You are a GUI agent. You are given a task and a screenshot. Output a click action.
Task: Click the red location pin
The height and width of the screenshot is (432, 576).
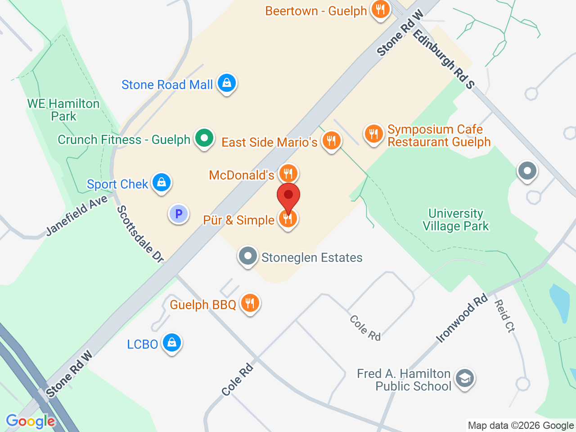pos(288,196)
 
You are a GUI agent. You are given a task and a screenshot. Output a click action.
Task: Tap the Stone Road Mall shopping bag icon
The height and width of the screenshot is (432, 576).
pos(227,83)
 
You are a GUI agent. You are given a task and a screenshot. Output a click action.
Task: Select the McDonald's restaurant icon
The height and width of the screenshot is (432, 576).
pos(288,173)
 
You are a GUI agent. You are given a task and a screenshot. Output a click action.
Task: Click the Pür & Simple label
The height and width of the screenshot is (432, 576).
pos(238,220)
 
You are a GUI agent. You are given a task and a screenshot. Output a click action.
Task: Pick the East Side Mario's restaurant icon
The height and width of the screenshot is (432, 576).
pos(331,141)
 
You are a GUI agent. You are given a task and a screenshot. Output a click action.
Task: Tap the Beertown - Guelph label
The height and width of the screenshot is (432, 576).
pos(316,11)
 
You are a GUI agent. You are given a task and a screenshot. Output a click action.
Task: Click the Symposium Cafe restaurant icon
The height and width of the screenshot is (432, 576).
pos(373,134)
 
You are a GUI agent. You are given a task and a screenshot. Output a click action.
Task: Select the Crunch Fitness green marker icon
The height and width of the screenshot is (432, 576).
pos(204,138)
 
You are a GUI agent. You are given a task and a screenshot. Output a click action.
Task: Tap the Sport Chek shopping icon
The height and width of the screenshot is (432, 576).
pos(162,183)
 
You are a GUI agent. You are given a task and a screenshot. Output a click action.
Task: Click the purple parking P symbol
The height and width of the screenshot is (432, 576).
pos(179,214)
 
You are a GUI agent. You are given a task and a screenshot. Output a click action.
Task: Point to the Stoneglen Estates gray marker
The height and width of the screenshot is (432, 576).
pos(247,256)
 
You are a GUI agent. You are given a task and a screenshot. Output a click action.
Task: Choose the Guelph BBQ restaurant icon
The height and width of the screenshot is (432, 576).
pos(250,303)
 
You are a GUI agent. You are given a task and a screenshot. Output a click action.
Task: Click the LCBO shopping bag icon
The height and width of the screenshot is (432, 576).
pos(171,343)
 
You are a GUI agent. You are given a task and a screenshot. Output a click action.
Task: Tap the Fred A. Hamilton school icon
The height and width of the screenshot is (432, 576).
pos(465,378)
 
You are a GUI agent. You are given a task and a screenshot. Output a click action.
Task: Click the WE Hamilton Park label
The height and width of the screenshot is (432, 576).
pos(63,110)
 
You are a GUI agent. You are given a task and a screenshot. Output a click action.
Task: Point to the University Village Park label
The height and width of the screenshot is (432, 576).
pos(455,220)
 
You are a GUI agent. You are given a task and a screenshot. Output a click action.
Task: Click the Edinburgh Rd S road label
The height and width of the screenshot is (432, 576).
pos(444,59)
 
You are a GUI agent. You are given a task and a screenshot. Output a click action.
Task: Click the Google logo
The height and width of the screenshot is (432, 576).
pos(31,421)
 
